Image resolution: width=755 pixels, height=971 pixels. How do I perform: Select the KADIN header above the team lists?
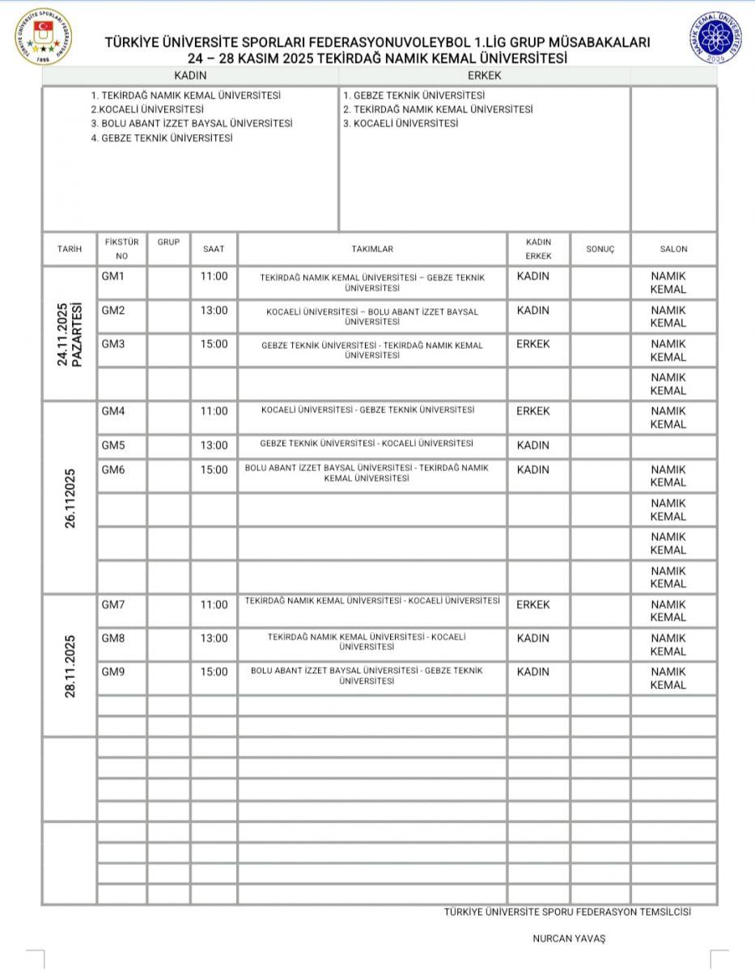pyautogui.click(x=191, y=75)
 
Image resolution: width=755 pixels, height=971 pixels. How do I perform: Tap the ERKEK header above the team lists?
pyautogui.click(x=485, y=75)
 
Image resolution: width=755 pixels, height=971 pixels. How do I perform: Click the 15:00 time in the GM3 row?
pyautogui.click(x=214, y=344)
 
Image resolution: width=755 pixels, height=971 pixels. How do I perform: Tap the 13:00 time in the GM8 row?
pyautogui.click(x=214, y=638)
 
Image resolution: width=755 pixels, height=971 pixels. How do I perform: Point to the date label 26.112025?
pyautogui.click(x=70, y=498)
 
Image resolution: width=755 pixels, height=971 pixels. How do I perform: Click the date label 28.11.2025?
pyautogui.click(x=70, y=666)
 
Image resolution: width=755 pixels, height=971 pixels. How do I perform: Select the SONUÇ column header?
pyautogui.click(x=600, y=249)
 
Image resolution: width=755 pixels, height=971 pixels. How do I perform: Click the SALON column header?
pyautogui.click(x=673, y=249)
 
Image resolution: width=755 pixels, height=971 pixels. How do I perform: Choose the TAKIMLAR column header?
pyautogui.click(x=372, y=249)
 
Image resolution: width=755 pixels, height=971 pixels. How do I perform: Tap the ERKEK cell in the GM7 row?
pyautogui.click(x=533, y=604)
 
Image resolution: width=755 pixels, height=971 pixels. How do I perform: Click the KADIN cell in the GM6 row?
pyautogui.click(x=533, y=469)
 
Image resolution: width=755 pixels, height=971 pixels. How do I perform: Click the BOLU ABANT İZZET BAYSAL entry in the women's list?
pyautogui.click(x=192, y=124)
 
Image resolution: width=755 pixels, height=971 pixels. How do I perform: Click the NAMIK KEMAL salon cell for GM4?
pyautogui.click(x=668, y=418)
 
